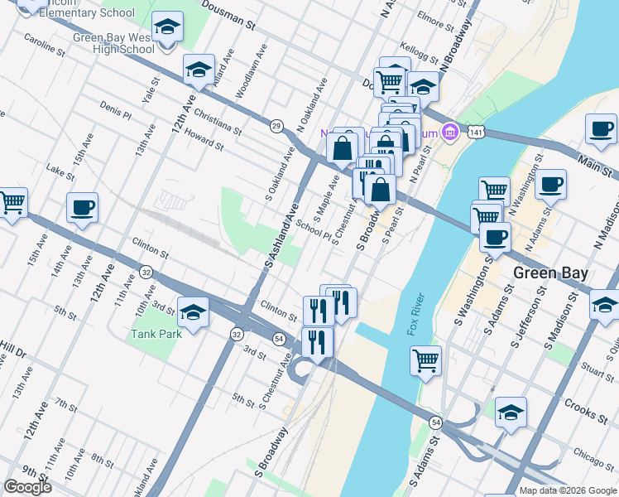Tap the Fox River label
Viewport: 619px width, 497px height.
415,316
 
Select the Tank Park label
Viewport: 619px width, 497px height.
155,335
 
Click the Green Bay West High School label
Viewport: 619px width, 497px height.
113,43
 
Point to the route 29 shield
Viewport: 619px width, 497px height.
276,125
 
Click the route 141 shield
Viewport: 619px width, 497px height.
474,132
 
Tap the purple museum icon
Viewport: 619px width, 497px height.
449,131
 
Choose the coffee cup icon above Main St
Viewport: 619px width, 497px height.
601,129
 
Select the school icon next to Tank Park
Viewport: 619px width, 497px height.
193,312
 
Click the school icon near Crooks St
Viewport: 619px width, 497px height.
511,412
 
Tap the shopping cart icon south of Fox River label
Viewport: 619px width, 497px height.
425,360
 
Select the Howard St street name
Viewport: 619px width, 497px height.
204,139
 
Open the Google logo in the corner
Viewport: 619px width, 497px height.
27,487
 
